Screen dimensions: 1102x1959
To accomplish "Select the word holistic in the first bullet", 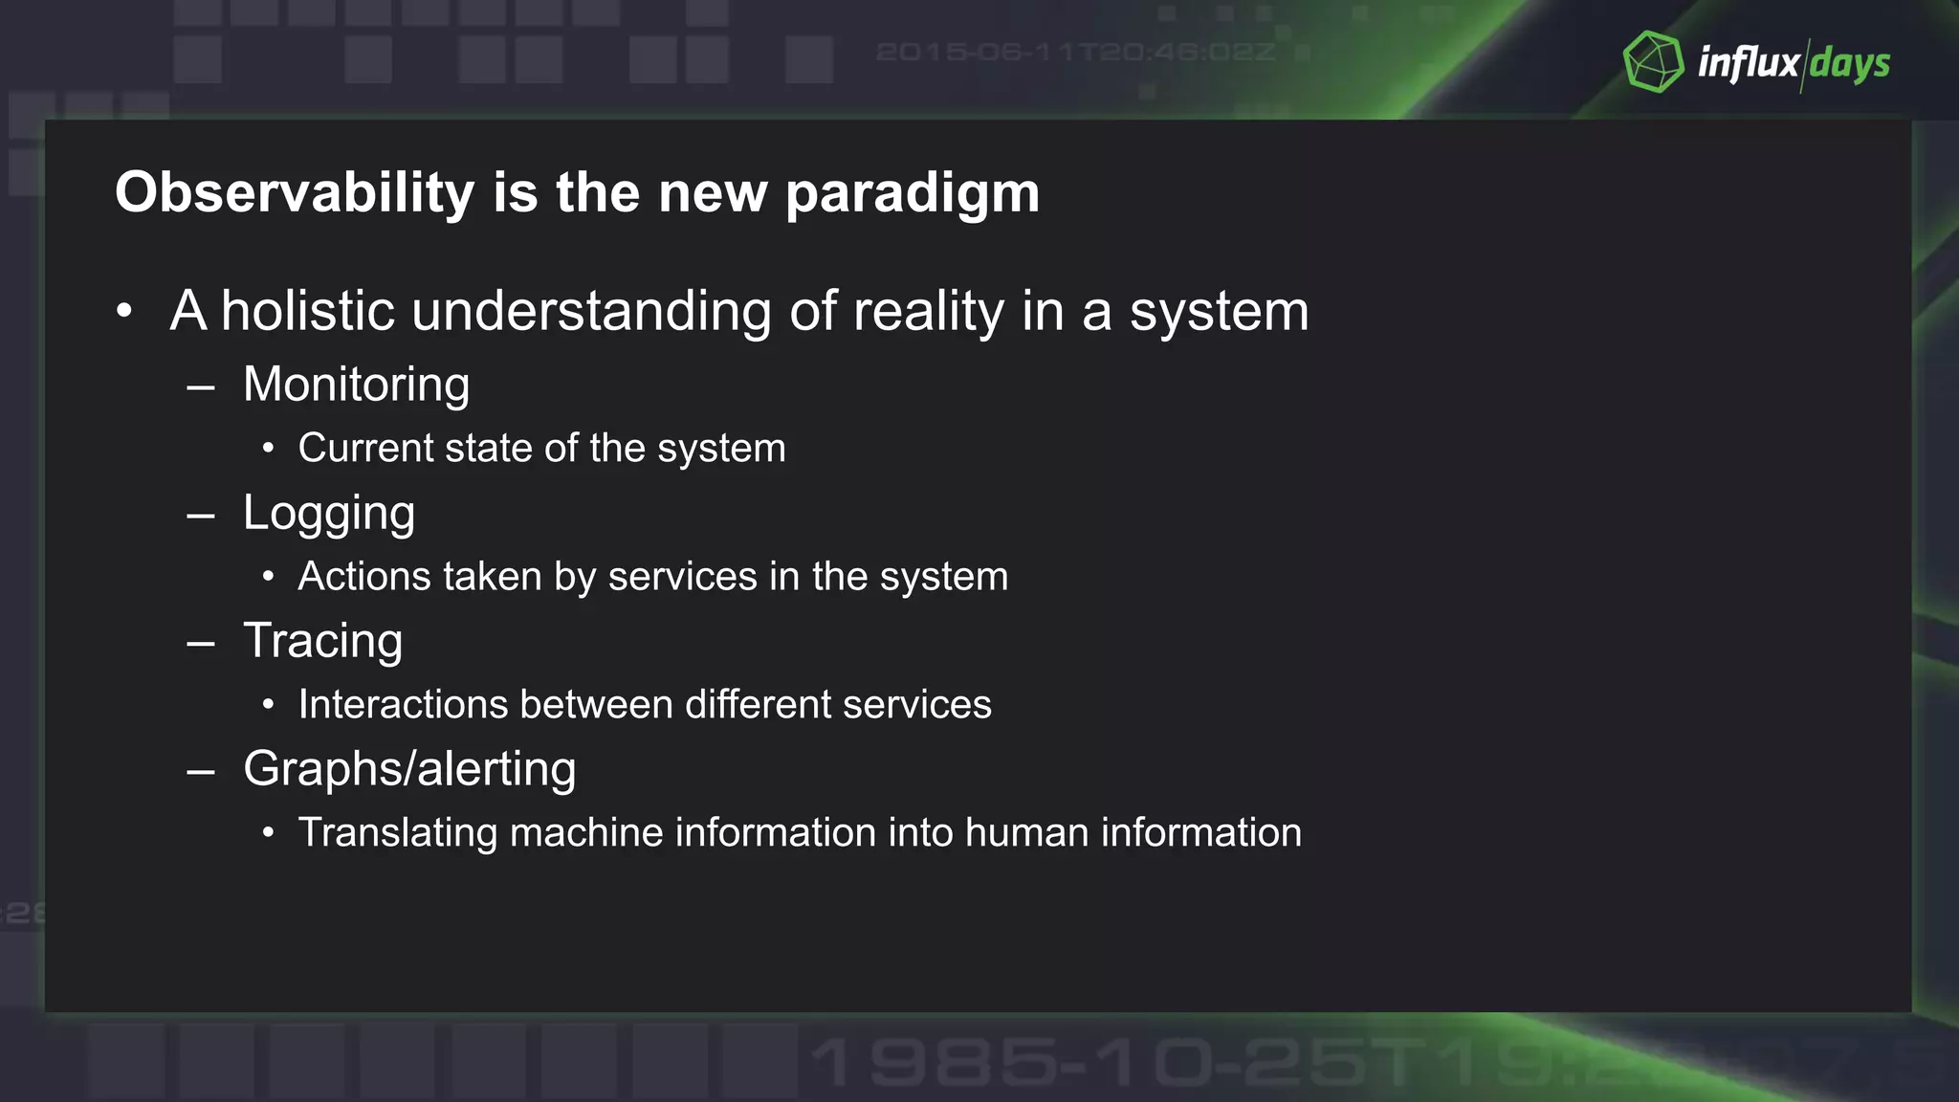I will coord(307,311).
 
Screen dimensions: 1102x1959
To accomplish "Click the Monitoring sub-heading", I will coord(356,385).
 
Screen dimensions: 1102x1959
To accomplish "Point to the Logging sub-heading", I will coord(329,514).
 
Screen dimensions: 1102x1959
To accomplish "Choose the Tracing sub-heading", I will coord(322,641).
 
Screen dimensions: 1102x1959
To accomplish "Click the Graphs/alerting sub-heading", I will coord(409,769).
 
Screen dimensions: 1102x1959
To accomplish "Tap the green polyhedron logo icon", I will coord(1653,62).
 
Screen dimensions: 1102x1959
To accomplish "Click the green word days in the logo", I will coord(1850,64).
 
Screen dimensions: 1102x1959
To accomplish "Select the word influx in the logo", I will coord(1749,63).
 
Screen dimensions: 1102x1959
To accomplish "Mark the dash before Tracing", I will coord(201,644).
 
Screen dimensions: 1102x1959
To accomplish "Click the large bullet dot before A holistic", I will coord(123,312).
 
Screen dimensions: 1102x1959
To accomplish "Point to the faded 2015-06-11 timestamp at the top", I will coord(1075,52).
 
